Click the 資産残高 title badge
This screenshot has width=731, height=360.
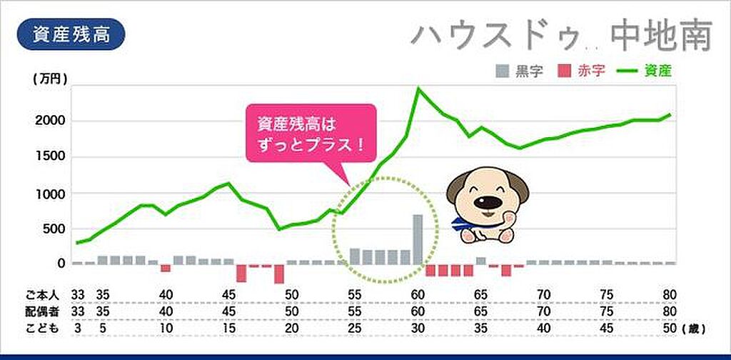71,34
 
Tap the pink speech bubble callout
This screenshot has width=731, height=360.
310,132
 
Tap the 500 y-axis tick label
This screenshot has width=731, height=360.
56,229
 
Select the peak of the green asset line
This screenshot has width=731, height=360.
418,88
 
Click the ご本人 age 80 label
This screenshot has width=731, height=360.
668,294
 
